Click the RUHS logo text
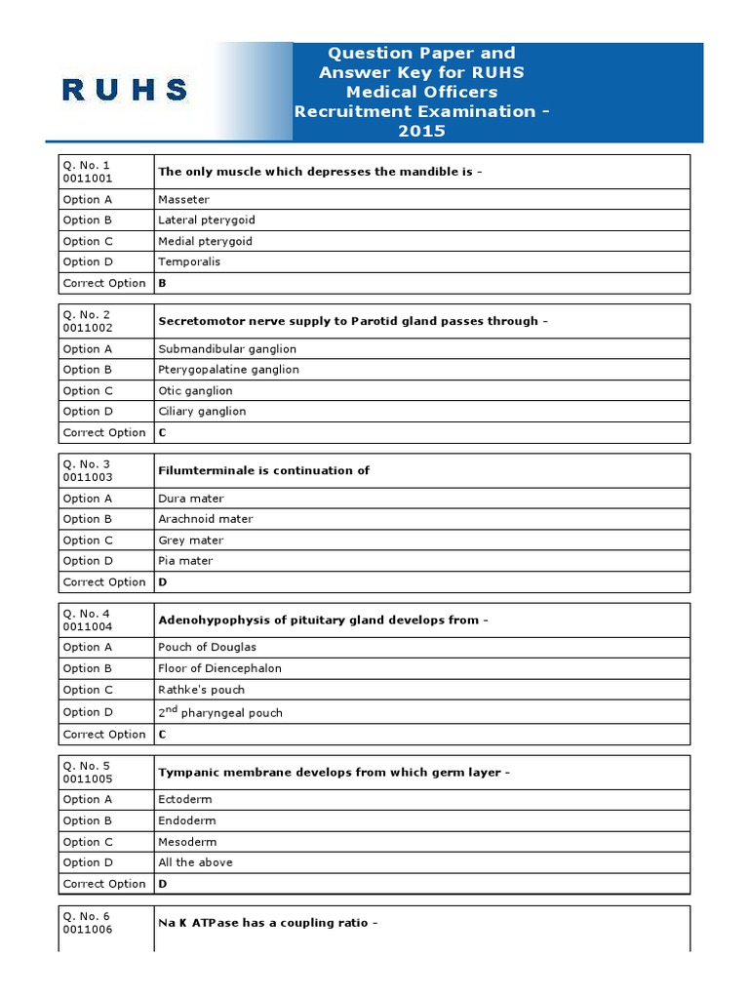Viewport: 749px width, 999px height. point(125,91)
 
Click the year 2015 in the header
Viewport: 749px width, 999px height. point(420,131)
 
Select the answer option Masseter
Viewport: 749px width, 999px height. point(183,199)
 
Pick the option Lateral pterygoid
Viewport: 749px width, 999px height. point(206,220)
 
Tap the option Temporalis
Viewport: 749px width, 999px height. point(189,261)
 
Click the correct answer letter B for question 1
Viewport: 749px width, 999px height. point(163,283)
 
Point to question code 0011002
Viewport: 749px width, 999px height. point(88,328)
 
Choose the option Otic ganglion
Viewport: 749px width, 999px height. point(195,390)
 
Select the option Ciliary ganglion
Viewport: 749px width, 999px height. point(202,412)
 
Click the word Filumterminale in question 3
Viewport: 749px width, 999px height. point(206,470)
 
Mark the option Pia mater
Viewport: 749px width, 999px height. point(185,561)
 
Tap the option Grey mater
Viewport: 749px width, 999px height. point(190,540)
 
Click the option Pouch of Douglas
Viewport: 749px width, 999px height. point(207,647)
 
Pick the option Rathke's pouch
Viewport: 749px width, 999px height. point(201,690)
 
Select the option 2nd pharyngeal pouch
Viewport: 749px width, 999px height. point(220,712)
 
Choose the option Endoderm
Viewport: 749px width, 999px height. point(187,820)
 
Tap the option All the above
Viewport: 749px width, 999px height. point(195,862)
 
